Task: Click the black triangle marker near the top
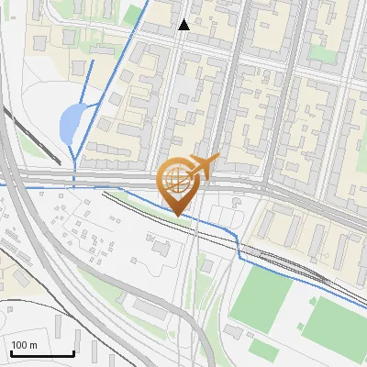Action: (x=184, y=25)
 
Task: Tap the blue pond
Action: (x=70, y=124)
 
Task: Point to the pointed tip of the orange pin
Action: (x=178, y=215)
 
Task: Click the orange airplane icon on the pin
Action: (x=204, y=167)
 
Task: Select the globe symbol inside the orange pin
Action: (x=177, y=182)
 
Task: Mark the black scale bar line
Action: (x=41, y=354)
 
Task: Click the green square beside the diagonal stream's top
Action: (x=135, y=14)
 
